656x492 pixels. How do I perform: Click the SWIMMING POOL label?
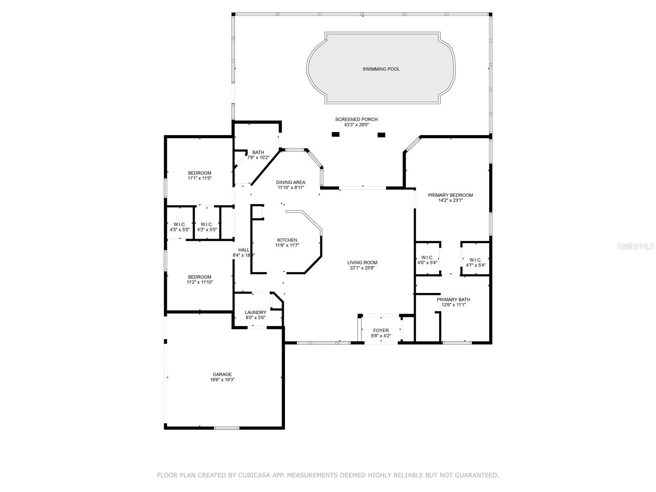click(381, 69)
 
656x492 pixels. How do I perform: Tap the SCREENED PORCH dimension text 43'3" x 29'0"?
click(357, 125)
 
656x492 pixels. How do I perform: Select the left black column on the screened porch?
click(336, 134)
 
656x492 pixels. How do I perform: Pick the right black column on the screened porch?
click(381, 135)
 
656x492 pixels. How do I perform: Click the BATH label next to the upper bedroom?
click(258, 153)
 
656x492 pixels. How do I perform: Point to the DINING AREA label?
click(291, 182)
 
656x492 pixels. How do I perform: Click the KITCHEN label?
click(287, 240)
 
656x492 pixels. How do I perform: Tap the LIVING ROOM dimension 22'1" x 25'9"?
click(362, 268)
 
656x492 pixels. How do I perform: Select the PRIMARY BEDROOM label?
click(450, 195)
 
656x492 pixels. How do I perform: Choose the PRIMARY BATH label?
click(453, 300)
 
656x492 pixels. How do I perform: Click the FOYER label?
click(381, 330)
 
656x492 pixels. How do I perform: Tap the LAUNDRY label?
click(255, 312)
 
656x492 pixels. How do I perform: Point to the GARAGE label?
click(222, 374)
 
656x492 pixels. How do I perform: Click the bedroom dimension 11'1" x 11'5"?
click(200, 178)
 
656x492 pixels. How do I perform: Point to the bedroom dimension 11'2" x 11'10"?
click(200, 282)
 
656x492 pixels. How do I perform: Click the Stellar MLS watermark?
click(635, 246)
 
